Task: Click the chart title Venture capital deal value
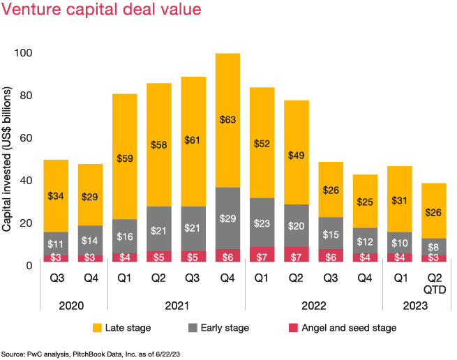[102, 10]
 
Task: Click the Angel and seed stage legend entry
[343, 328]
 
